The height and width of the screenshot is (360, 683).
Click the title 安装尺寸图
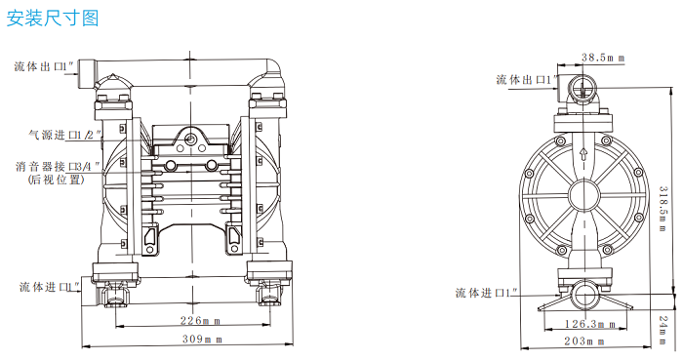pos(53,19)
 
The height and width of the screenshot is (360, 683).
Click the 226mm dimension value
pos(200,321)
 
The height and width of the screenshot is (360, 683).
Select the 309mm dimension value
pos(202,339)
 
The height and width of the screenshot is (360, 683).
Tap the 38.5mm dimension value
pos(603,58)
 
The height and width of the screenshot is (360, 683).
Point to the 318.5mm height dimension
pos(663,209)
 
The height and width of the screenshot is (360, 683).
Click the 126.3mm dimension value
pos(589,324)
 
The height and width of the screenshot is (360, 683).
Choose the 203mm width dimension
pos(584,341)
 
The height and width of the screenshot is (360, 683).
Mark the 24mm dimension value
pos(663,331)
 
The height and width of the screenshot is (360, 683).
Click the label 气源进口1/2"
pos(65,135)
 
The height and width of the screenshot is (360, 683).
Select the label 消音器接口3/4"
pos(58,166)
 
